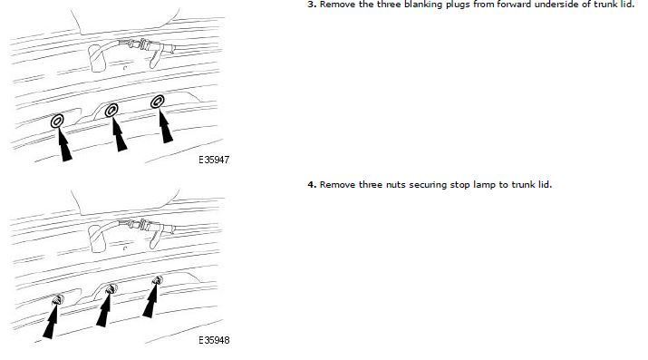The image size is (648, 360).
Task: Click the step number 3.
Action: [312, 5]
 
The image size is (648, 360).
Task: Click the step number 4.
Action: [312, 185]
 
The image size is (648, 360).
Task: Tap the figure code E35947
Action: [214, 160]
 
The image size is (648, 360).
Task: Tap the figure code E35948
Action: [214, 340]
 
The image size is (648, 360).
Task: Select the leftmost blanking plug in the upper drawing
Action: [57, 122]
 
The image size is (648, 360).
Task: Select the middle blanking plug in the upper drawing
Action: [111, 111]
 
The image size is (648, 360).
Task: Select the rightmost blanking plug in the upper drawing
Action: [157, 102]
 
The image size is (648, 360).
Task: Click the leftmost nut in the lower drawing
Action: [58, 300]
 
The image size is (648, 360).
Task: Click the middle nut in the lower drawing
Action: [111, 289]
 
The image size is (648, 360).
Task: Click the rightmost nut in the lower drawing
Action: [157, 280]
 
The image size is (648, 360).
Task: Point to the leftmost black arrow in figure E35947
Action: [63, 144]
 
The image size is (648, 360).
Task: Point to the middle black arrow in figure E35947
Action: [119, 134]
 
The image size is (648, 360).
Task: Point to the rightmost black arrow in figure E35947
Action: [165, 126]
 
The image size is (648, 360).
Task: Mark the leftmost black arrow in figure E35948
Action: [52, 322]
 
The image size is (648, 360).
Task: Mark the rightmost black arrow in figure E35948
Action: [150, 300]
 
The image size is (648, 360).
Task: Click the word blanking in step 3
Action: [425, 5]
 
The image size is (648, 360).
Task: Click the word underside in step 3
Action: [568, 5]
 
